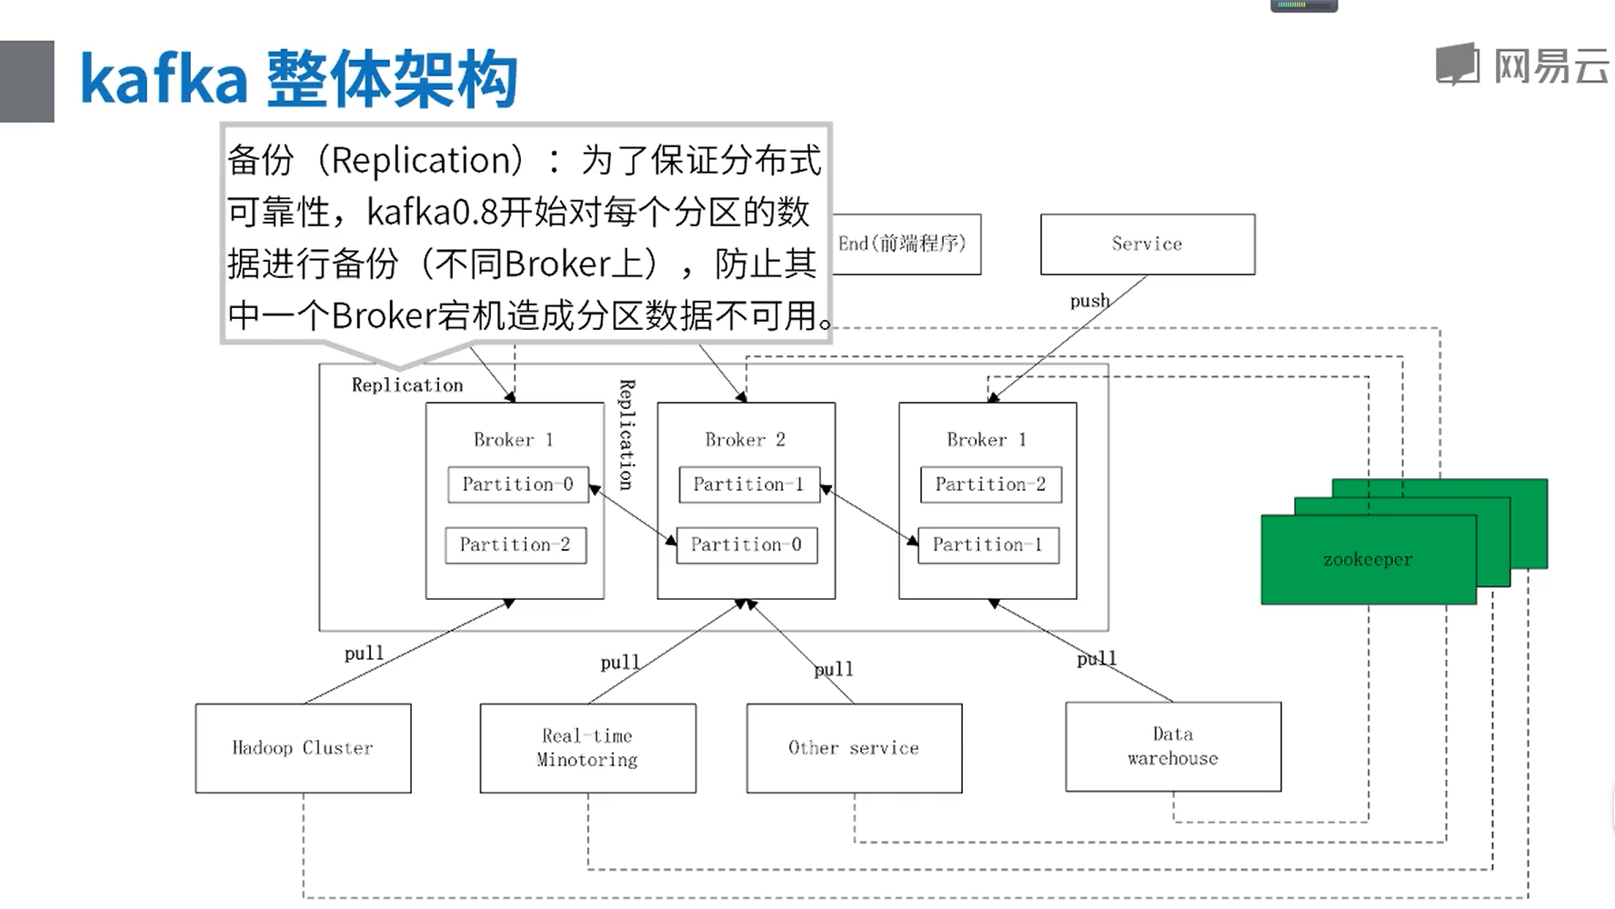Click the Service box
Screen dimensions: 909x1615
(1147, 244)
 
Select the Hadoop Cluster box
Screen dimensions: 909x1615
(303, 748)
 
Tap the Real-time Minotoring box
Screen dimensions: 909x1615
(587, 748)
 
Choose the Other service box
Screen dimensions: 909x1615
(854, 748)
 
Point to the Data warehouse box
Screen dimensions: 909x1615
(1173, 746)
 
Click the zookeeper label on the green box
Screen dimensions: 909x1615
(1368, 560)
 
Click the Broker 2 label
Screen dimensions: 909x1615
(745, 440)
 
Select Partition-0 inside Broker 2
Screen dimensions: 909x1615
(747, 544)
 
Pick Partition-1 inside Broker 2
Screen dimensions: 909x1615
(748, 484)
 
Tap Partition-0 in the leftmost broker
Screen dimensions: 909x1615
(517, 484)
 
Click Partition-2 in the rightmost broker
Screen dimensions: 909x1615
(990, 484)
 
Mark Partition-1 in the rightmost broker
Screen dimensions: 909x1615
(988, 544)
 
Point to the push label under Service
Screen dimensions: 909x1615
(1089, 301)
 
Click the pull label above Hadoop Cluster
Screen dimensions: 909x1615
(364, 653)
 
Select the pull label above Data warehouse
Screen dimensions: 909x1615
(1096, 658)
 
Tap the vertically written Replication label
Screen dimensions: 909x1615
(627, 435)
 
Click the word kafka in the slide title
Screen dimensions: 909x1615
(164, 80)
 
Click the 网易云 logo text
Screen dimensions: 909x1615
(1550, 66)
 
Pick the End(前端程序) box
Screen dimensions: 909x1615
(906, 244)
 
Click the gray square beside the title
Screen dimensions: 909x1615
(26, 81)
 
